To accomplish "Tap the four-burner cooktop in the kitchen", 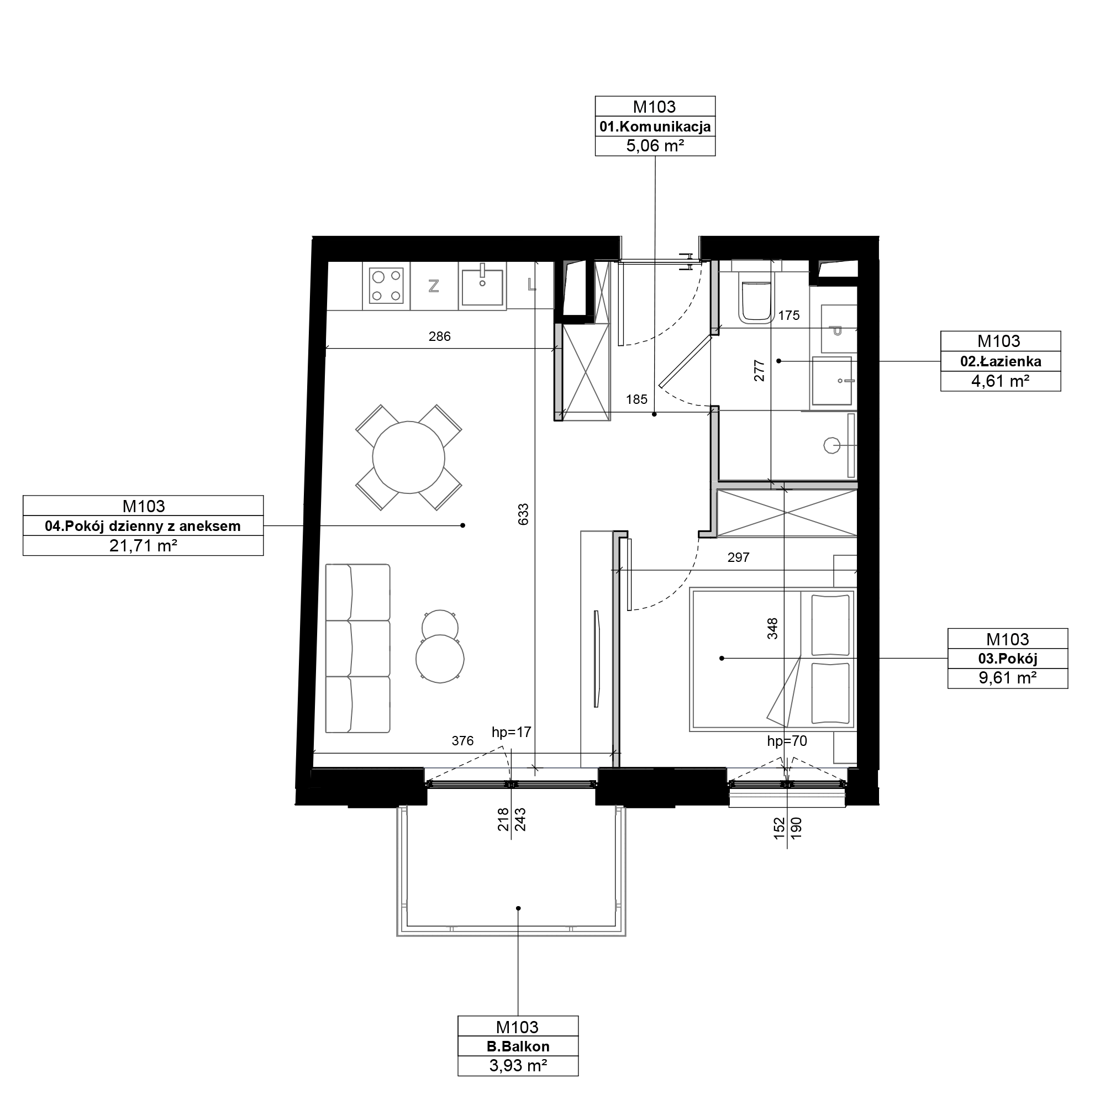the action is click(x=386, y=286).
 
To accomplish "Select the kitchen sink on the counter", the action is click(x=482, y=286).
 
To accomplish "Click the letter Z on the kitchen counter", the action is click(x=434, y=286).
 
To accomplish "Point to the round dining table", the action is click(x=408, y=457).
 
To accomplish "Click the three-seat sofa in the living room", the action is click(x=357, y=649).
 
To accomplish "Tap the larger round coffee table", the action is click(x=440, y=659).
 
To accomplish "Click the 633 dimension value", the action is click(x=523, y=514).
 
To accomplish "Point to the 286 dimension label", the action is click(x=439, y=336).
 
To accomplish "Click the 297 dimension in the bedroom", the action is click(x=738, y=557).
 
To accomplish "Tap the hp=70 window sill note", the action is click(x=787, y=741).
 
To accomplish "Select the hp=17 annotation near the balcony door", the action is click(x=511, y=732).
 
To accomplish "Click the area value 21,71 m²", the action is click(x=143, y=546).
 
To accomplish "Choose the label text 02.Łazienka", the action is click(x=1001, y=361).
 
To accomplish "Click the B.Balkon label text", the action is click(x=518, y=1046).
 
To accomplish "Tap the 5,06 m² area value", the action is click(x=655, y=146).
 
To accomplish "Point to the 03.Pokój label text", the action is click(x=1008, y=659).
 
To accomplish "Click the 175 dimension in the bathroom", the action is click(x=789, y=315).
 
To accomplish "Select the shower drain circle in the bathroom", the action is click(x=831, y=445).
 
